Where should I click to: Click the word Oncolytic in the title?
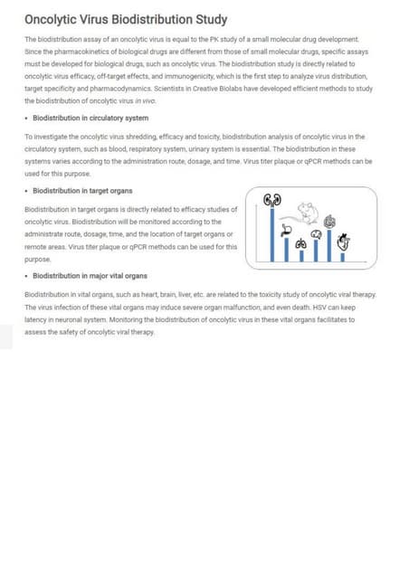tap(50, 20)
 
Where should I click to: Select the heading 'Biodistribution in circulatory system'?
tap(90, 119)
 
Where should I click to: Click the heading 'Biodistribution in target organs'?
tap(82, 192)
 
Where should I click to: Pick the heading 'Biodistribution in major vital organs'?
tap(90, 276)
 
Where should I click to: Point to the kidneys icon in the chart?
tap(271, 200)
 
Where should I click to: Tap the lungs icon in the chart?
tap(300, 244)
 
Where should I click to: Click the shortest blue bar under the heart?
tap(344, 257)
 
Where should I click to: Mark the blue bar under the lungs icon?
tap(300, 255)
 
